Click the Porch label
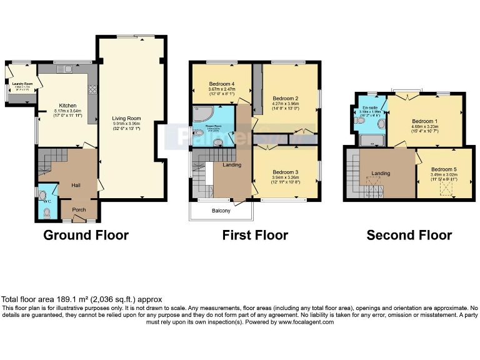click(x=79, y=209)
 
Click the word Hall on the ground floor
click(x=76, y=186)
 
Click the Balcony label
click(x=221, y=211)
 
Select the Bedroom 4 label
click(x=221, y=84)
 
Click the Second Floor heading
click(x=409, y=236)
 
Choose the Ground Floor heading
click(x=86, y=236)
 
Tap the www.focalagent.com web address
click(x=306, y=322)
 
